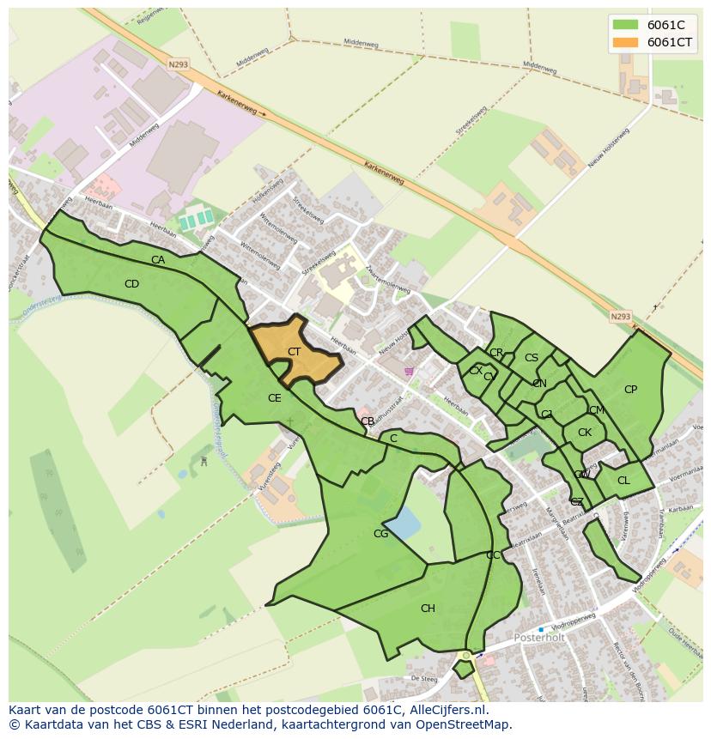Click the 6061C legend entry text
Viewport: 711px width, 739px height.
tap(665, 25)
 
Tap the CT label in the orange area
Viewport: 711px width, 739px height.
tap(294, 352)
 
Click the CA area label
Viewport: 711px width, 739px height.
tap(158, 260)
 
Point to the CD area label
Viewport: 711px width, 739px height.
tap(131, 284)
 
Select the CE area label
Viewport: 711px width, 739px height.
tap(274, 398)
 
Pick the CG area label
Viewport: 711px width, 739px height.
tap(380, 534)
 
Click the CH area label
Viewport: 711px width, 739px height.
tap(427, 609)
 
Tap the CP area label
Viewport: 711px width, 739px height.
tap(630, 390)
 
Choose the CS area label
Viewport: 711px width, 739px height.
tap(532, 358)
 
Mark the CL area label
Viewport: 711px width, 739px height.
tap(623, 481)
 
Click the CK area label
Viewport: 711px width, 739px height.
tap(584, 433)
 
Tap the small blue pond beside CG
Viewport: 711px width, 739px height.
tap(404, 521)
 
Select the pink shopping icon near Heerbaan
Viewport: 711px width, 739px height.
tap(409, 372)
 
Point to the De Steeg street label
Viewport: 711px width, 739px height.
tap(424, 678)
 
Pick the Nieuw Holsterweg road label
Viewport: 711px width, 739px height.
tap(610, 147)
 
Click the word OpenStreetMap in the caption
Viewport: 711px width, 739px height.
tap(459, 724)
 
